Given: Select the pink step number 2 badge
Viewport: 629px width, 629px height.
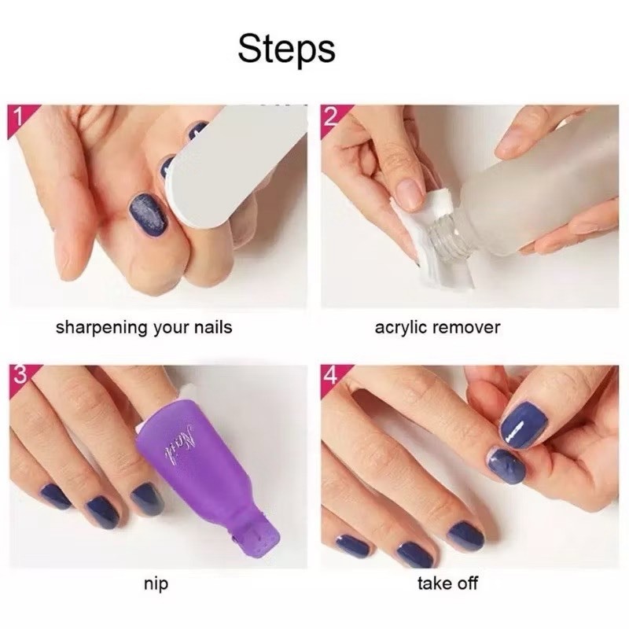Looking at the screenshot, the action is [332, 117].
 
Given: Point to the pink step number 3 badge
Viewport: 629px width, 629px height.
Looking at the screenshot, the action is [20, 377].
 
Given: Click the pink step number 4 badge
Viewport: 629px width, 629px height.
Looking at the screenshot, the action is [333, 377].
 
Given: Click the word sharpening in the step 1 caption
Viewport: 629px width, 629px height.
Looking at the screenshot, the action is [102, 328].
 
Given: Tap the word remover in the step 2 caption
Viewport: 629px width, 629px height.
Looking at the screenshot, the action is [465, 328].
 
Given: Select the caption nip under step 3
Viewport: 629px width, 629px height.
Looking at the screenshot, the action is [156, 584].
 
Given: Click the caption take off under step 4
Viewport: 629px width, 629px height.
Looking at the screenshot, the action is [447, 583].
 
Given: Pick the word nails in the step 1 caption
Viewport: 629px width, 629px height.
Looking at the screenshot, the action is [213, 328].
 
